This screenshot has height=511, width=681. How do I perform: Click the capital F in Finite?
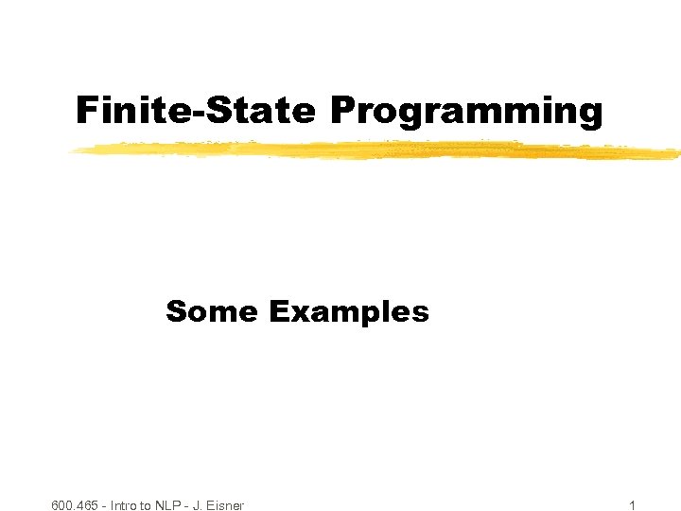tap(86, 111)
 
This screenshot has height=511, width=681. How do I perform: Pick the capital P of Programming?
tap(342, 111)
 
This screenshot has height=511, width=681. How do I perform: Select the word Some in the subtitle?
tap(211, 311)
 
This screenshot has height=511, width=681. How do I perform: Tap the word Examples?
tap(349, 312)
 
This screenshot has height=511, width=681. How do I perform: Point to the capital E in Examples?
tap(277, 311)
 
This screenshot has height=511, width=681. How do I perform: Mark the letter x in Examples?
tap(295, 313)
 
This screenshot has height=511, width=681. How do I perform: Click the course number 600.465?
tap(76, 505)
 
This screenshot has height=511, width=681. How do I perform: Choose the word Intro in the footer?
tap(127, 505)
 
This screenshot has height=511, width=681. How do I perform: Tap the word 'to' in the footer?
tap(153, 505)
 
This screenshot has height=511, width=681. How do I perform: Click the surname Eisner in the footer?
tap(225, 505)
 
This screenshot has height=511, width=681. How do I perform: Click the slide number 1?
tap(632, 505)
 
